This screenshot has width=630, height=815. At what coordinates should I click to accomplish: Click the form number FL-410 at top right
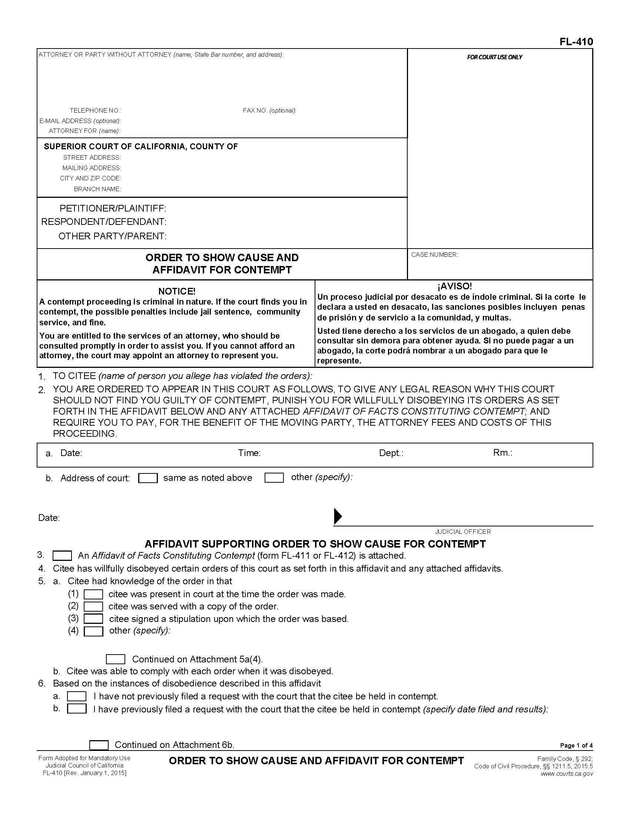(576, 41)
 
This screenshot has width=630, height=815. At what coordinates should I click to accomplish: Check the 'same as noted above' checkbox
(148, 478)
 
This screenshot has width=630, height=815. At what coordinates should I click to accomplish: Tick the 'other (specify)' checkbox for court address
(274, 478)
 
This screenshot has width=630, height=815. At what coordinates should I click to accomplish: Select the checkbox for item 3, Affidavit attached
(62, 556)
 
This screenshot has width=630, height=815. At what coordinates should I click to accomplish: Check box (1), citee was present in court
(93, 594)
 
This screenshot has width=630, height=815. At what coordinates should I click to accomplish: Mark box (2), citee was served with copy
(93, 606)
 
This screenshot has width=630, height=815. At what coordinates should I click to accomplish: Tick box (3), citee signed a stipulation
(93, 619)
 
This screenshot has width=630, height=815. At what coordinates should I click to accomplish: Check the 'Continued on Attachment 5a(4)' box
(115, 659)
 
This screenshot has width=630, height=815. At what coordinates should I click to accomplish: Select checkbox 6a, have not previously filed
(77, 696)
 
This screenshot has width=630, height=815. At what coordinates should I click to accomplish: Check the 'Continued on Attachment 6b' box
(99, 745)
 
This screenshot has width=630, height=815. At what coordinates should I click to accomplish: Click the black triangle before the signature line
(337, 516)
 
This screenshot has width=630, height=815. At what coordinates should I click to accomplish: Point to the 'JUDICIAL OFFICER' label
(463, 532)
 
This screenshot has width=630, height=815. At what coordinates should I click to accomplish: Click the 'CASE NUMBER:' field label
(434, 255)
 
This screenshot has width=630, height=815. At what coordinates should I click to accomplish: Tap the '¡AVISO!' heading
(454, 286)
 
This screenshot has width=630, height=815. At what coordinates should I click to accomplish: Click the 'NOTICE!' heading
(176, 291)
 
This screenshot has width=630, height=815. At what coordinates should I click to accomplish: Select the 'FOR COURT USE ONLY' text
(494, 57)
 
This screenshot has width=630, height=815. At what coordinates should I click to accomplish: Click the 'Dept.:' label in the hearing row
(391, 453)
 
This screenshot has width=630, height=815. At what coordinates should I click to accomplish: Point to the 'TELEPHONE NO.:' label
(96, 110)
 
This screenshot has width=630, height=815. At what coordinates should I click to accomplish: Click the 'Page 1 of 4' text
(576, 746)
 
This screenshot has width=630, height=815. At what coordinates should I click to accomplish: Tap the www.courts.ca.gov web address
(567, 774)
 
